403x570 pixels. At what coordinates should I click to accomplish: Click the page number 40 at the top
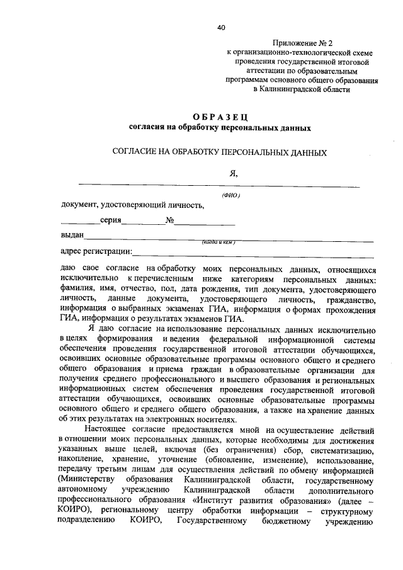[220, 28]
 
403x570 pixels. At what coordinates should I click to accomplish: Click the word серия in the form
[110, 221]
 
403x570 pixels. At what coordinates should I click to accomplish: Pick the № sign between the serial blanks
[169, 221]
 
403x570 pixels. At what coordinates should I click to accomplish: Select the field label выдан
[72, 237]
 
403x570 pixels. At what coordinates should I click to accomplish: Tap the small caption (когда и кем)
[219, 242]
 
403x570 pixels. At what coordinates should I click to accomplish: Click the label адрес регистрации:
[96, 252]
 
